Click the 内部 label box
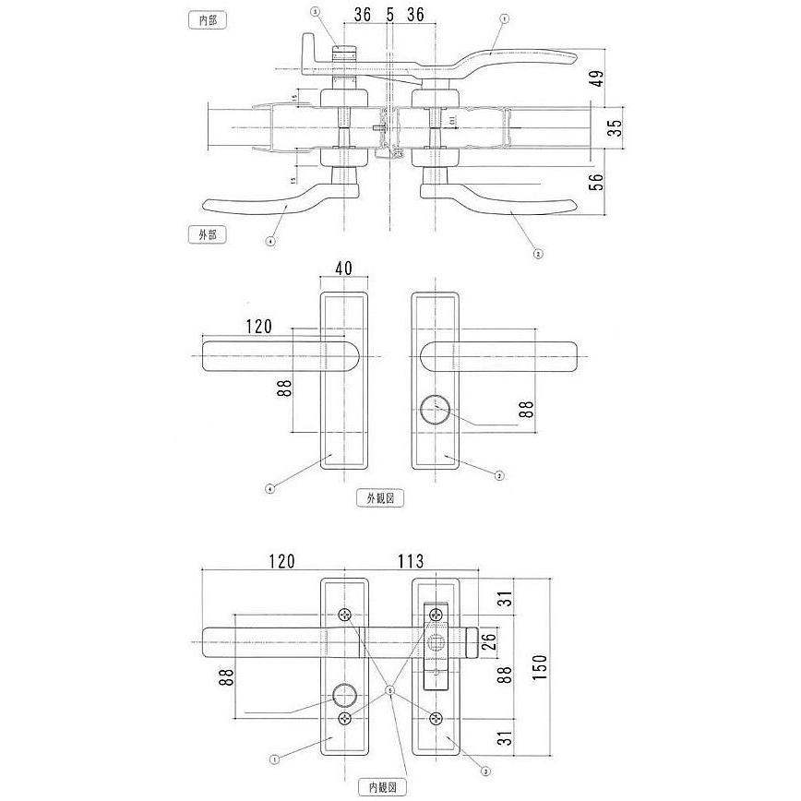(x=207, y=19)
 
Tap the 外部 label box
(x=207, y=234)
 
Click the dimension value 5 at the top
(x=389, y=16)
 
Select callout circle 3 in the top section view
(x=315, y=12)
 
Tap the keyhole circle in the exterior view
(x=434, y=409)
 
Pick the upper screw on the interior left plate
(x=344, y=615)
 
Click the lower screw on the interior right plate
(x=435, y=719)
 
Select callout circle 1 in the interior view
(x=274, y=761)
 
